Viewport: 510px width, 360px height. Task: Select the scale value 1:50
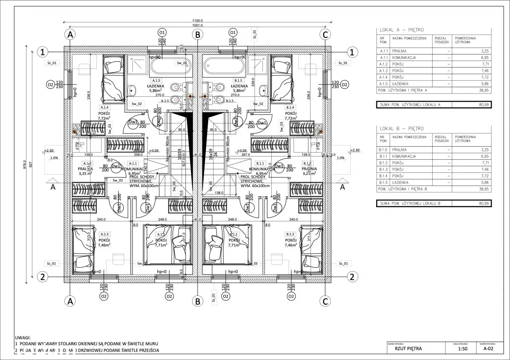pos(463,348)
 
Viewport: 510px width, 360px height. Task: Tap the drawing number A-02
pos(488,348)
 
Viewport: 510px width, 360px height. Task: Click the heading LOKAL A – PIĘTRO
pos(396,30)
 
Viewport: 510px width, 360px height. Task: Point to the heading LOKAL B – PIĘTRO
pos(396,129)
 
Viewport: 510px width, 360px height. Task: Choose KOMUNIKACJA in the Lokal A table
pos(404,58)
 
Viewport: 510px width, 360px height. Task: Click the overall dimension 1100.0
pos(197,20)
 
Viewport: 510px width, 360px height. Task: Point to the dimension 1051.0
pos(197,25)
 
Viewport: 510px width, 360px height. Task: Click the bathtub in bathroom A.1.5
pos(171,66)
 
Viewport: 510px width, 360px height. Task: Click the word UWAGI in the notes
pos(22,337)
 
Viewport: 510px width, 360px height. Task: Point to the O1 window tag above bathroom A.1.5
pos(162,32)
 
